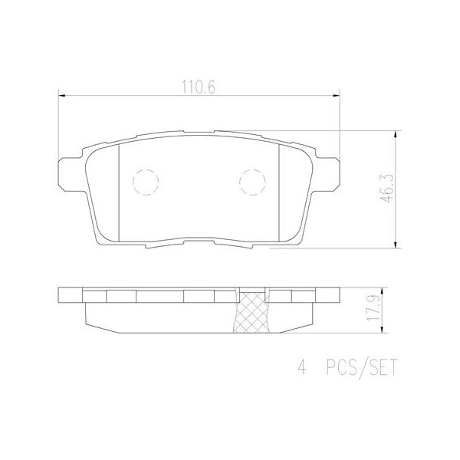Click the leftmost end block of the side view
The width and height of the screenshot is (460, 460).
click(70, 297)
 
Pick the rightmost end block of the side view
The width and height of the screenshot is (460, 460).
click(329, 297)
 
